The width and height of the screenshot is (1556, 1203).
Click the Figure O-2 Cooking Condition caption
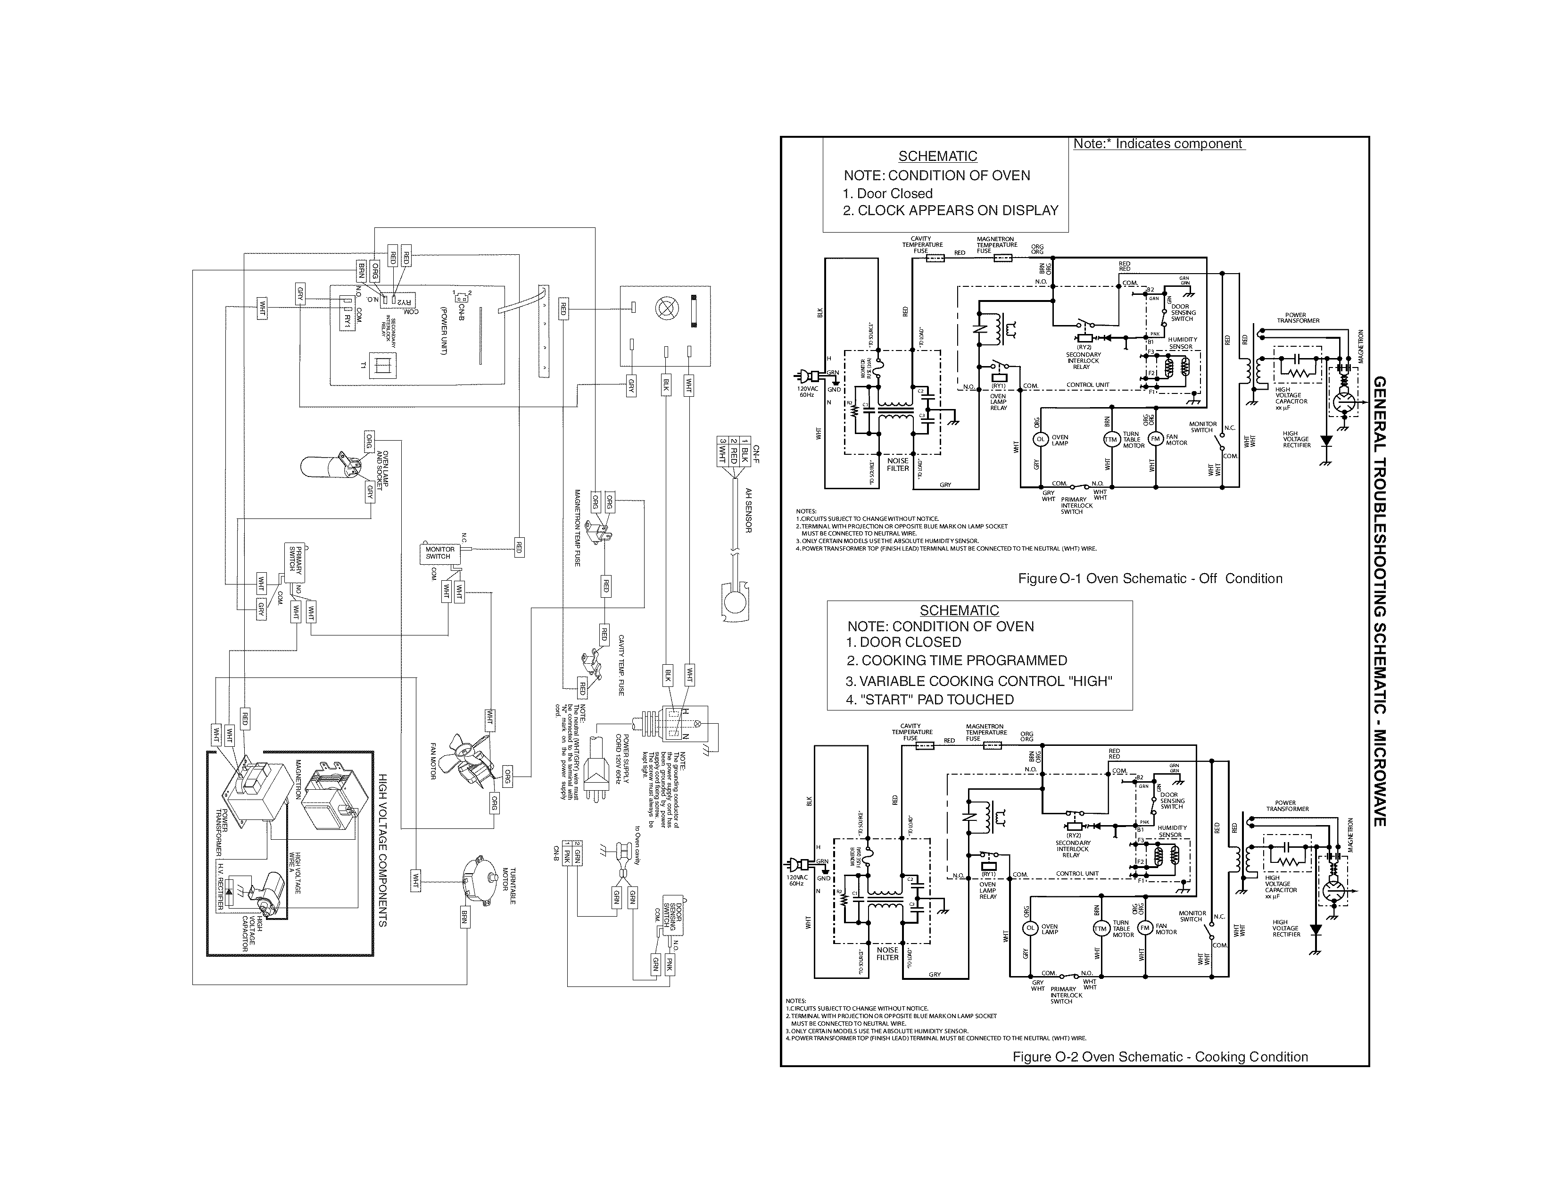click(x=1160, y=1057)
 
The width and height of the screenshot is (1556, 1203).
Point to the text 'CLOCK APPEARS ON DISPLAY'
click(x=958, y=211)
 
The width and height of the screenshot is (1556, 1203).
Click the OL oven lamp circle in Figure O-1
click(x=1040, y=440)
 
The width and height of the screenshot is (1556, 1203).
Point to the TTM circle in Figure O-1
click(x=1110, y=440)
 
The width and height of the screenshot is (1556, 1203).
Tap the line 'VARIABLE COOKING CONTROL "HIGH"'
click(x=978, y=681)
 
